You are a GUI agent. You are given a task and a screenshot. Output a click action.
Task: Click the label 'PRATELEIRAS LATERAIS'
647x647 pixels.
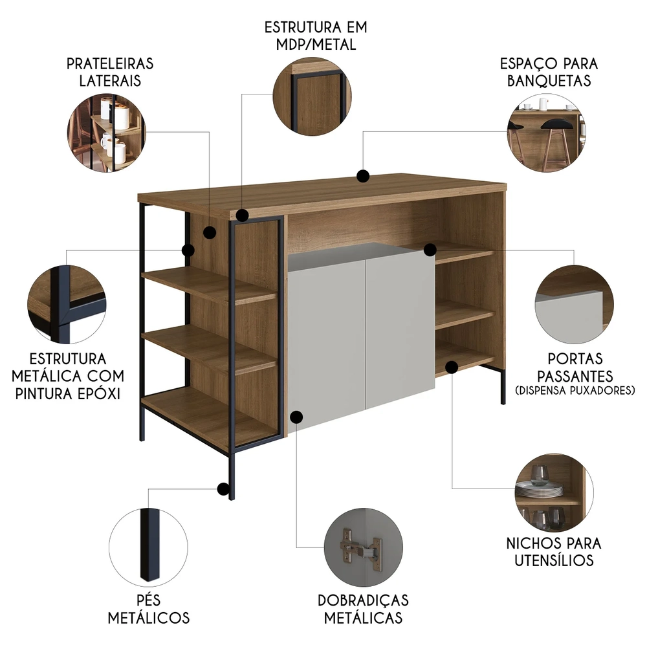(110, 72)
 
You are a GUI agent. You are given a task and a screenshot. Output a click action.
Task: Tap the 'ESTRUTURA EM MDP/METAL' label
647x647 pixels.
(315, 36)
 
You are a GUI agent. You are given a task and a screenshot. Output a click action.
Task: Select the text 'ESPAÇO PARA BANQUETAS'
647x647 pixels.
(549, 72)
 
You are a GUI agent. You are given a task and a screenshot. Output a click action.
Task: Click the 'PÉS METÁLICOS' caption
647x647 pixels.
(148, 608)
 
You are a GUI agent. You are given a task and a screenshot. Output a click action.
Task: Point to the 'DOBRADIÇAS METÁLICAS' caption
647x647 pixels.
(363, 609)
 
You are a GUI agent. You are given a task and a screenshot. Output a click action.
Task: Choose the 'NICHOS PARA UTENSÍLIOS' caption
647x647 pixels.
(554, 551)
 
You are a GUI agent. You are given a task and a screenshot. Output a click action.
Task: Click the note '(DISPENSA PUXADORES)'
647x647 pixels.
(576, 390)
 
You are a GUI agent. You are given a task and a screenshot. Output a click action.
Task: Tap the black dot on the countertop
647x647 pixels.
(364, 175)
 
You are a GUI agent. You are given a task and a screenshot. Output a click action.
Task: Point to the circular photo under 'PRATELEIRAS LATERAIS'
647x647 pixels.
(107, 133)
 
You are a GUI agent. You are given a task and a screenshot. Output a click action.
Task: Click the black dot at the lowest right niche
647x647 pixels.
(452, 367)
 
